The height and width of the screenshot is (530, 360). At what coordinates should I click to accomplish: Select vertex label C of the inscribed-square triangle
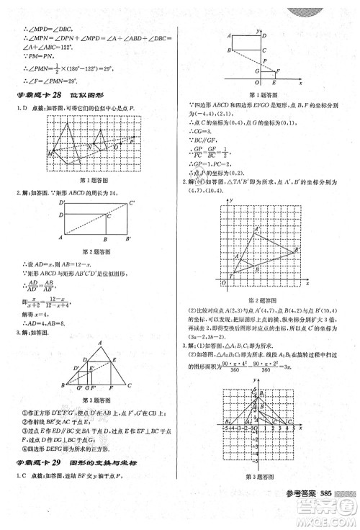pyautogui.click(x=130, y=385)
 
